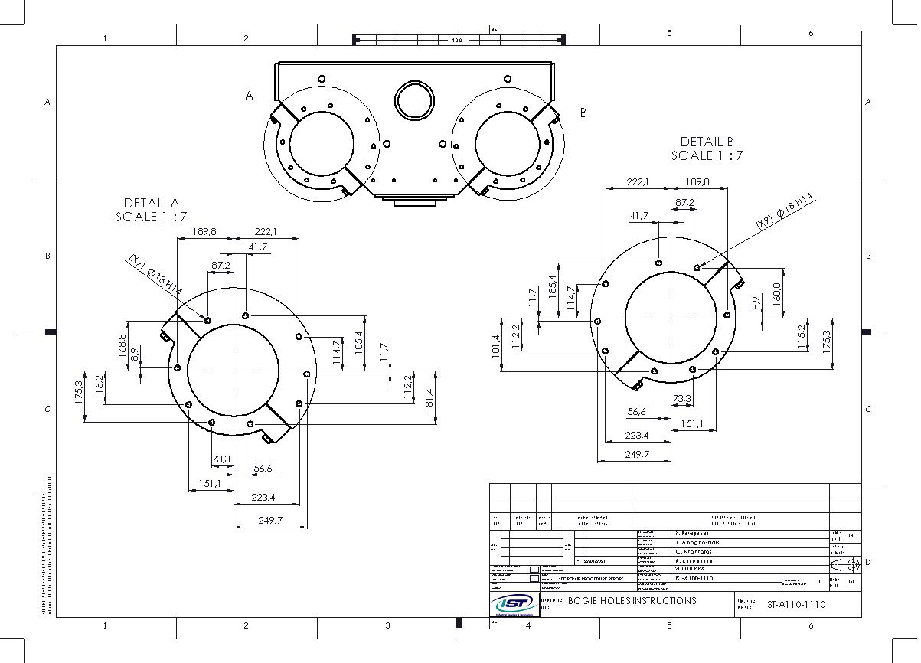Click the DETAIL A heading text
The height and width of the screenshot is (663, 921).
[x=151, y=203]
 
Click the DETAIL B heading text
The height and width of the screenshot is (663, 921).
[x=707, y=142]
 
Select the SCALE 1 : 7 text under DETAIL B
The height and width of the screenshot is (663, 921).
[x=707, y=155]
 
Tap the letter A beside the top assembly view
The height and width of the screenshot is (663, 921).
[x=249, y=96]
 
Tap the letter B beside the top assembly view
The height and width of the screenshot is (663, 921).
[x=583, y=113]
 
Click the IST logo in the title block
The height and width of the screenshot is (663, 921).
[x=514, y=604]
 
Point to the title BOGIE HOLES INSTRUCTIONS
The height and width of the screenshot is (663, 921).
[x=632, y=601]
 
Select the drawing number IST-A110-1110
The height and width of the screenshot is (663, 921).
[x=795, y=604]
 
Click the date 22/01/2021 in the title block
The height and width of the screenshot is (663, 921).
[x=599, y=560]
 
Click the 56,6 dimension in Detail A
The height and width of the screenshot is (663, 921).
[x=263, y=469]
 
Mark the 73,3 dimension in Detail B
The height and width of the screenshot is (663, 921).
[x=682, y=399]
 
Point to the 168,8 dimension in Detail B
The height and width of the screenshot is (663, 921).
[x=776, y=294]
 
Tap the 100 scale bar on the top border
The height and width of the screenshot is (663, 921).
[x=457, y=40]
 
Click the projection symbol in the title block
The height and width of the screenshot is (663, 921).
[x=844, y=564]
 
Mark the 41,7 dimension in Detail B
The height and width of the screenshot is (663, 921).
[x=639, y=217]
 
